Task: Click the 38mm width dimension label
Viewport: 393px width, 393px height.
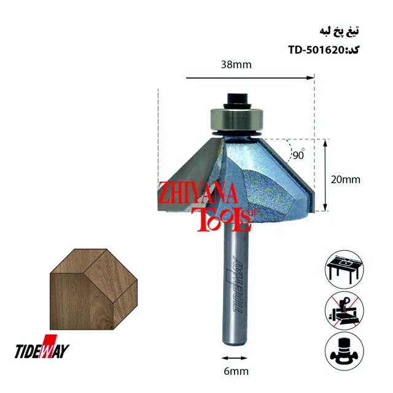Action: (236, 64)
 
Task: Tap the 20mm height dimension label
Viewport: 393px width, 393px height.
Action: (345, 180)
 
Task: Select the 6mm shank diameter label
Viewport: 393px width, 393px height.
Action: (236, 371)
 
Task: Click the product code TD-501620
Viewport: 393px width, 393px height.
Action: (316, 50)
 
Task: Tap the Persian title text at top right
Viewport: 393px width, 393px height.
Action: (339, 31)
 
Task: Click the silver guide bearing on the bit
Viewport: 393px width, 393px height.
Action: (236, 119)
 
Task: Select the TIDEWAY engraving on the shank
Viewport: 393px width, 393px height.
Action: (238, 284)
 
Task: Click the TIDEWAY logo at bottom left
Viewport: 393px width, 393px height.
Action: (42, 347)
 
